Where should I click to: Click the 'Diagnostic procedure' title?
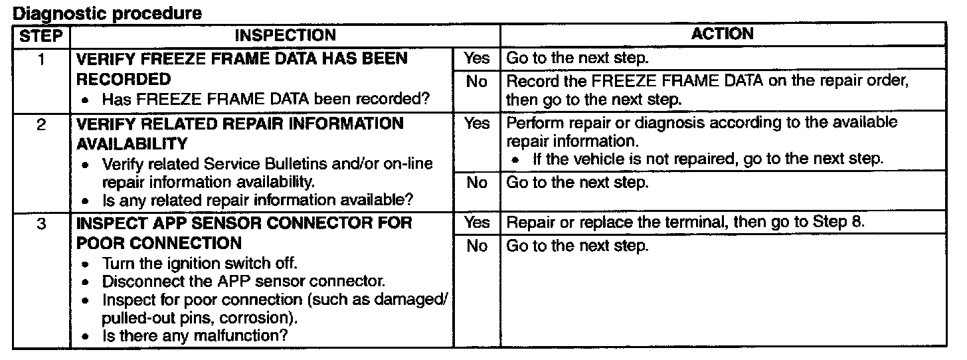pyautogui.click(x=107, y=13)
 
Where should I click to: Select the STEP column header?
pyautogui.click(x=41, y=35)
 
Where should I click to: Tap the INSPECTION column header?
pyautogui.click(x=286, y=35)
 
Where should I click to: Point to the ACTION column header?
pyautogui.click(x=723, y=34)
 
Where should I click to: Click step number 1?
pyautogui.click(x=41, y=58)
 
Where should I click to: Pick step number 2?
pyautogui.click(x=41, y=124)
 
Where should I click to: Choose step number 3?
pyautogui.click(x=41, y=223)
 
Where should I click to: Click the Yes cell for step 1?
pyautogui.click(x=476, y=58)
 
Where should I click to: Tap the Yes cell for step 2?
pyautogui.click(x=476, y=123)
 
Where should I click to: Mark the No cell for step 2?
pyautogui.click(x=476, y=182)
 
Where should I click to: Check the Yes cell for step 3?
pyautogui.click(x=476, y=223)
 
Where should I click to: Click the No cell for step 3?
pyautogui.click(x=476, y=246)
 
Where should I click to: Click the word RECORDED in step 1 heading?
pyautogui.click(x=123, y=80)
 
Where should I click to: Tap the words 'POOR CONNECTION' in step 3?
pyautogui.click(x=158, y=243)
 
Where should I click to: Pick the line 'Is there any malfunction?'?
pyautogui.click(x=195, y=336)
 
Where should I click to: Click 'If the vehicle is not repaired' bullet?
pyautogui.click(x=708, y=159)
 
